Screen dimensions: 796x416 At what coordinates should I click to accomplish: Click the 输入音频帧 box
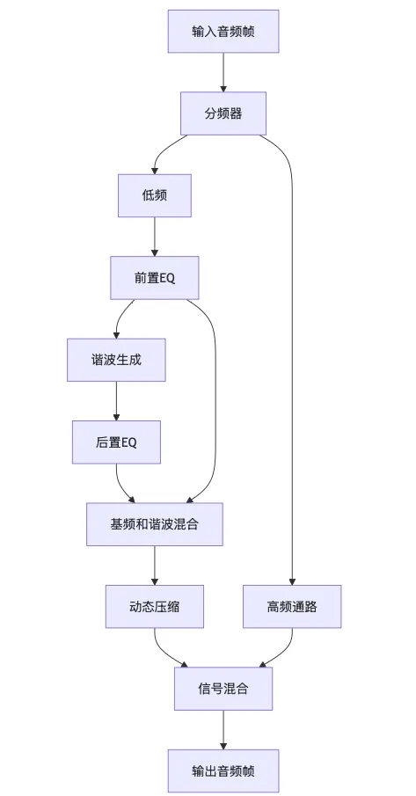click(223, 32)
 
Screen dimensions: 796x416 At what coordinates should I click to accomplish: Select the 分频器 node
click(223, 113)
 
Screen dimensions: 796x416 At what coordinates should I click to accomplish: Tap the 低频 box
click(155, 195)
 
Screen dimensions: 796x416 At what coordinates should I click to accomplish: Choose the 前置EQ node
click(155, 277)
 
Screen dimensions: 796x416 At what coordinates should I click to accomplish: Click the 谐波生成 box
click(116, 360)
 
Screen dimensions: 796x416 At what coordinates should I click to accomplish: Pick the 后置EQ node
click(116, 442)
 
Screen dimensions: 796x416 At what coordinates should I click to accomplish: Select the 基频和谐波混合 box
click(155, 524)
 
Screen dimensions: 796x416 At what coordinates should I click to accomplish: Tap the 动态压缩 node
click(155, 606)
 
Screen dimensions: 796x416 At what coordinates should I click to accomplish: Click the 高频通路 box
click(292, 606)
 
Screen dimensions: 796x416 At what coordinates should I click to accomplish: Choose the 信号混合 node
click(223, 689)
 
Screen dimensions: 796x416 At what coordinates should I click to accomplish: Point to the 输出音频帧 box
click(223, 771)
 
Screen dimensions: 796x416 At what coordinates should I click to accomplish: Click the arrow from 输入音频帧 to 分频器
click(223, 72)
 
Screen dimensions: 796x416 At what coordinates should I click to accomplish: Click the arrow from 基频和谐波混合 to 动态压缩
click(155, 565)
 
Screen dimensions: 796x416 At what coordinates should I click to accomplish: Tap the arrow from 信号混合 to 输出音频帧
click(223, 730)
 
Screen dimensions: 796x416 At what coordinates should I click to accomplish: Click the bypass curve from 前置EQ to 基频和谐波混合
click(215, 396)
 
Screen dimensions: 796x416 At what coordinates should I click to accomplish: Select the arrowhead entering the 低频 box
click(155, 170)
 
